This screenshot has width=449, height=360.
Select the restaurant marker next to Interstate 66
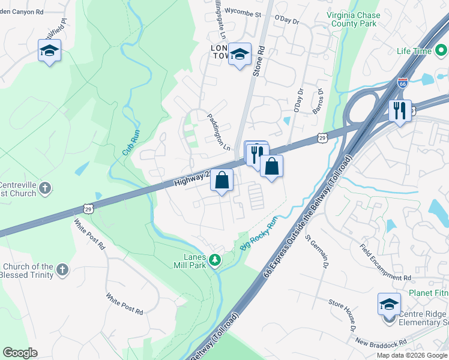399,111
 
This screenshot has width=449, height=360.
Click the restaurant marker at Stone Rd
256,155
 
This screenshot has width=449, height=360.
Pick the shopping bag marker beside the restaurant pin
271,167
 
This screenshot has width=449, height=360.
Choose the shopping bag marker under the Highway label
221,180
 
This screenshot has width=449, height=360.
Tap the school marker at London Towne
240,55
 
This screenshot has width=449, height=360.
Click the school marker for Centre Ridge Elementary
389,304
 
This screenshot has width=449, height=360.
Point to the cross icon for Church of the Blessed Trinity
62,271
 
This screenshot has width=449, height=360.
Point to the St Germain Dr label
318,250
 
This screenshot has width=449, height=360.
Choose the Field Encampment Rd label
385,262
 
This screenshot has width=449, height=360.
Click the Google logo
20,353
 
